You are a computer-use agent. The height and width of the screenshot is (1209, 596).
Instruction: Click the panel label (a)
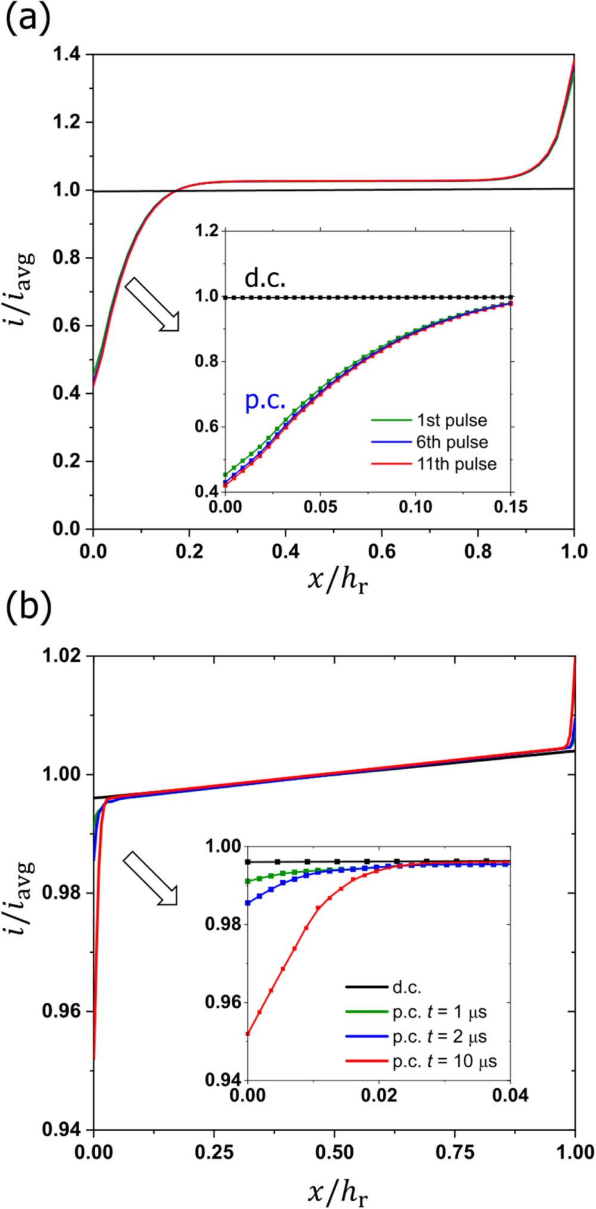(27, 19)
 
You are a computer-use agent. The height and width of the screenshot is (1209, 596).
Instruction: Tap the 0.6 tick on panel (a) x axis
(381, 551)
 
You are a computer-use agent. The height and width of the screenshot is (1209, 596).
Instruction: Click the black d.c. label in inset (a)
(265, 278)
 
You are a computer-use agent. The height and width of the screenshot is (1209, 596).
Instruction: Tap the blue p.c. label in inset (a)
(265, 400)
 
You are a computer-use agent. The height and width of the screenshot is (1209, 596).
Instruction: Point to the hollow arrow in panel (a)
(152, 304)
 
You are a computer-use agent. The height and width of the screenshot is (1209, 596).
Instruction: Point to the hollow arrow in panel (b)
(150, 878)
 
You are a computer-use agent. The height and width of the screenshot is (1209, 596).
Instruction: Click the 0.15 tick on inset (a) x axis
(511, 507)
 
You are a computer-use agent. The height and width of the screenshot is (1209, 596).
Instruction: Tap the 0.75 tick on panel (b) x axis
(455, 1152)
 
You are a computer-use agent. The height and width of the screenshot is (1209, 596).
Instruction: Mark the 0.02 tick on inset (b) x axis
(379, 1095)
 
